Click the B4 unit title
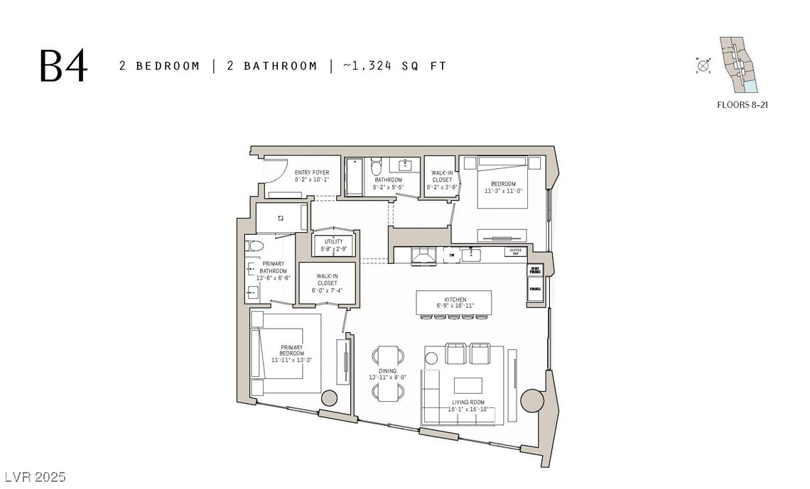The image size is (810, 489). click(x=64, y=66)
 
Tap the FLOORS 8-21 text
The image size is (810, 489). click(x=743, y=105)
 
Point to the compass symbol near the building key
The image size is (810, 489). click(x=703, y=66)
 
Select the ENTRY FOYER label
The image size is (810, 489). click(x=312, y=176)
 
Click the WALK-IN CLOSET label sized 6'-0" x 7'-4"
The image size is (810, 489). click(x=328, y=282)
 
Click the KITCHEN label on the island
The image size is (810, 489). click(x=455, y=303)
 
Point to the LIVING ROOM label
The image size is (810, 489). click(x=468, y=405)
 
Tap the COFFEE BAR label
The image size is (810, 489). click(x=514, y=251)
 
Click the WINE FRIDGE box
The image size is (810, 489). click(x=535, y=270)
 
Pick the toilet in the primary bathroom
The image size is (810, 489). click(x=254, y=246)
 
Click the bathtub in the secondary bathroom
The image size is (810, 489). click(x=353, y=176)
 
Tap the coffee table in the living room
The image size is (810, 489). click(x=468, y=385)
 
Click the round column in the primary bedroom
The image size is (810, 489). click(x=329, y=397)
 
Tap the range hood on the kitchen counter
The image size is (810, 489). click(x=424, y=256)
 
